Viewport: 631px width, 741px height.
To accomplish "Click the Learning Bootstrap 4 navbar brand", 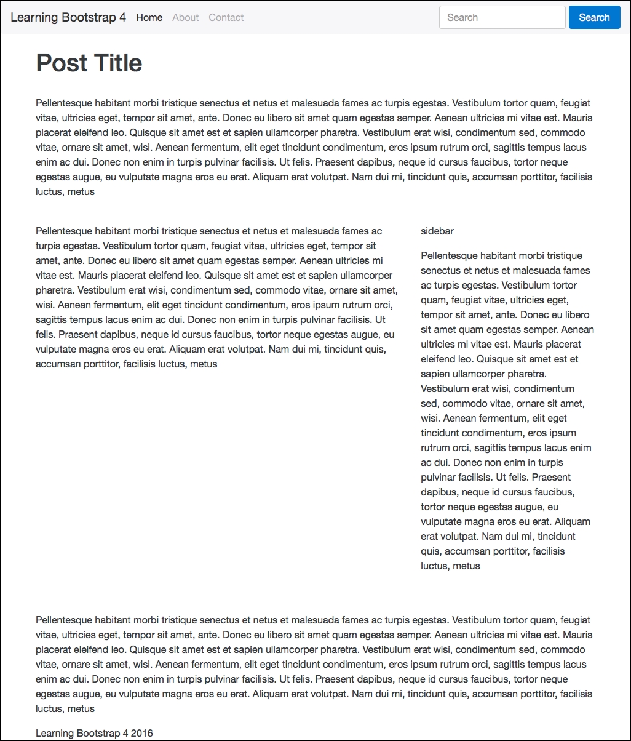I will tap(68, 17).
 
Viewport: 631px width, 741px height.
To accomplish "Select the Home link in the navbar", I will tap(149, 17).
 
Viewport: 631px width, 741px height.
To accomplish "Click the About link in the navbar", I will tap(185, 17).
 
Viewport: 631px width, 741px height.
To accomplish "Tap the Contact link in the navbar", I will tap(226, 17).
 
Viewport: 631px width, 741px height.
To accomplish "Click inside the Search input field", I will tap(502, 17).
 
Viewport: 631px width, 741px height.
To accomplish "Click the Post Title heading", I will tap(89, 63).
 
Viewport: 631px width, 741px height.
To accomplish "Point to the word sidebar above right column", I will tap(437, 231).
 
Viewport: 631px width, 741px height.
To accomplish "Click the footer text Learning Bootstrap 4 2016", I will tap(94, 733).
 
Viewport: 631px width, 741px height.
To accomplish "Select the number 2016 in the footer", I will tap(141, 733).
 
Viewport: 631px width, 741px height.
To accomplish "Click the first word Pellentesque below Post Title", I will tap(64, 103).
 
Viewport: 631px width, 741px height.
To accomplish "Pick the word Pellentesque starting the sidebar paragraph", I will tap(449, 256).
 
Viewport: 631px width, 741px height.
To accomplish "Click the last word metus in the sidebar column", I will tap(466, 566).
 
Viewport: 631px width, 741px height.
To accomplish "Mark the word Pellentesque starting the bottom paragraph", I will tap(64, 620).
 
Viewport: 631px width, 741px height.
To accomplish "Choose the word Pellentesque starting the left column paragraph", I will tap(64, 231).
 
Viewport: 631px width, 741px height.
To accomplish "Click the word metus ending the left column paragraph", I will tap(204, 364).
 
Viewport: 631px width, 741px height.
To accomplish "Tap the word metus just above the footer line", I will tap(81, 709).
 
